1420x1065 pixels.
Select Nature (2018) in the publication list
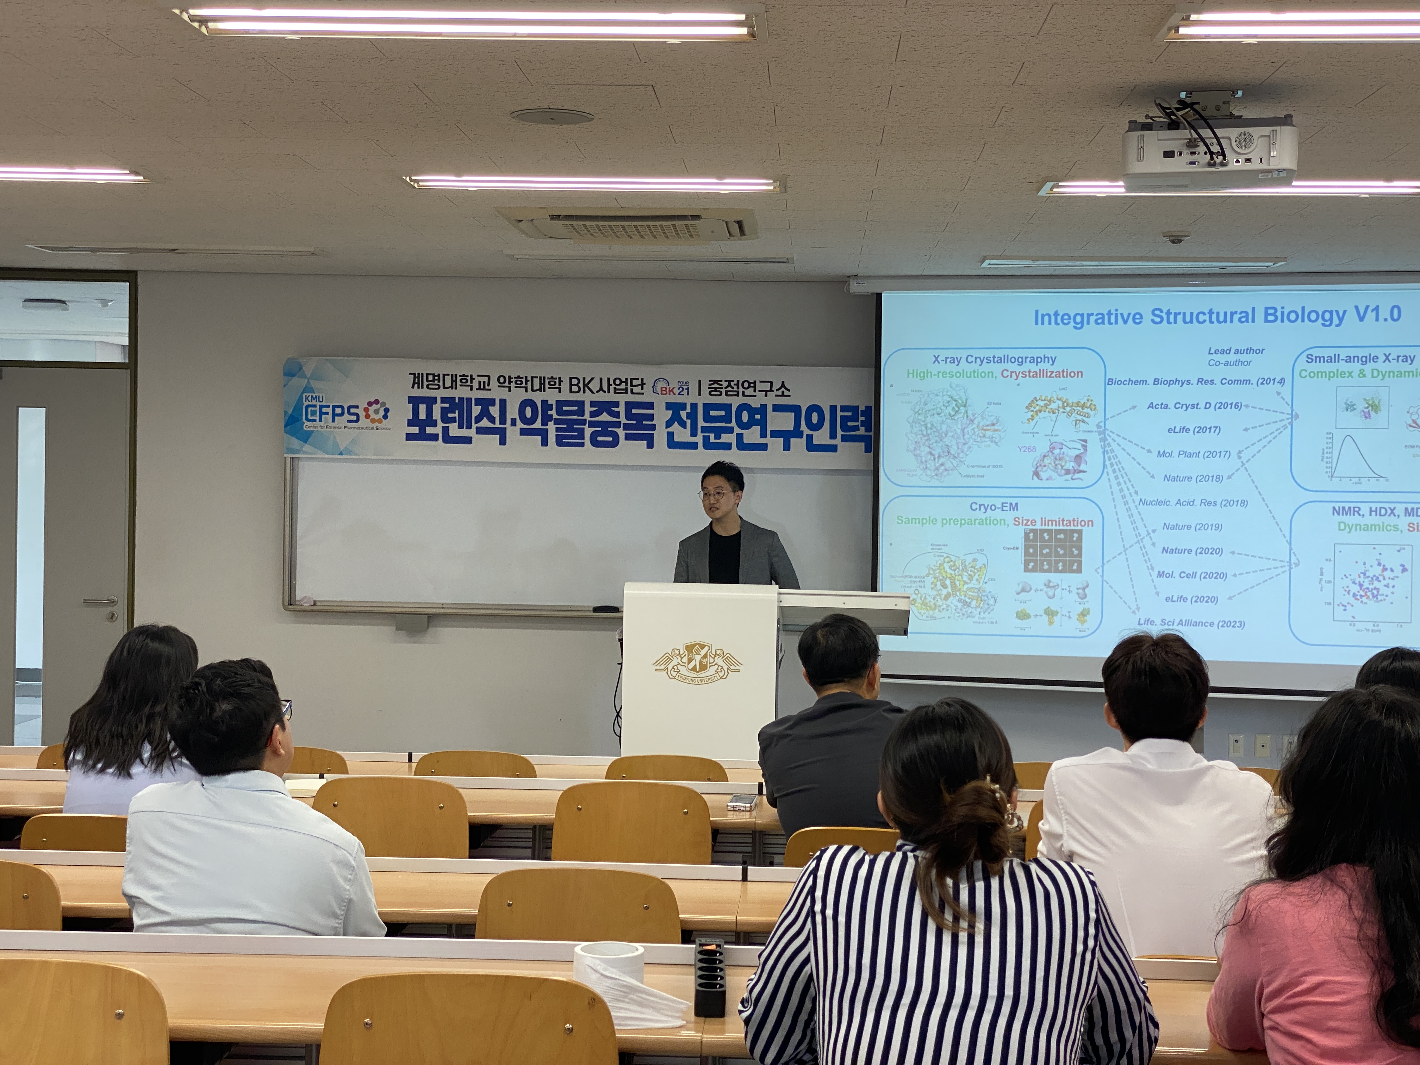(1193, 478)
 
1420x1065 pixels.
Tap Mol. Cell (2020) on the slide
(1191, 575)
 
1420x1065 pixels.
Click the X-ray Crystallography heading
(994, 360)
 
